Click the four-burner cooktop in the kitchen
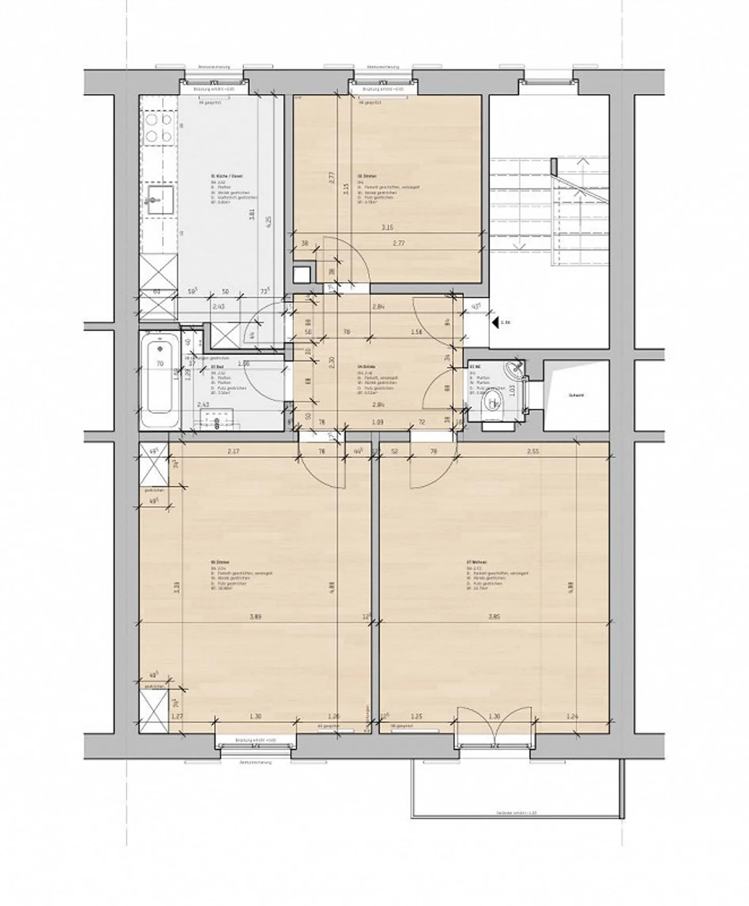(159, 128)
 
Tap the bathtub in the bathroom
(160, 380)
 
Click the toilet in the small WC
(493, 403)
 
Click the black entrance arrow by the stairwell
(494, 322)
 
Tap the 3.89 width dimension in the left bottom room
(255, 617)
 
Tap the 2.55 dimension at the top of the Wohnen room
(533, 452)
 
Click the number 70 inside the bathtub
(161, 363)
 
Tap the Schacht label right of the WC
(576, 396)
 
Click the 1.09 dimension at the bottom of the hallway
(378, 423)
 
